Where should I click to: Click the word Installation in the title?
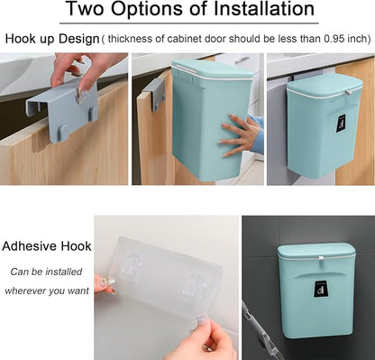point(264,9)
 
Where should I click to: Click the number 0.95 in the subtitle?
point(334,39)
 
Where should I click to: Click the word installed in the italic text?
point(64,272)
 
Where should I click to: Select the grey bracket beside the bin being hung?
point(155,90)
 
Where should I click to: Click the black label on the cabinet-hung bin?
point(341,124)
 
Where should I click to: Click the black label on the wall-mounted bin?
point(320,290)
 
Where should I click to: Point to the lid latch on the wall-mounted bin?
point(321,258)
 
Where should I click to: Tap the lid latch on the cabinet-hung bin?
point(349,92)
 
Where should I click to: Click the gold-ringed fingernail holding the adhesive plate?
point(107,282)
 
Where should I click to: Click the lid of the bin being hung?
point(211,69)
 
